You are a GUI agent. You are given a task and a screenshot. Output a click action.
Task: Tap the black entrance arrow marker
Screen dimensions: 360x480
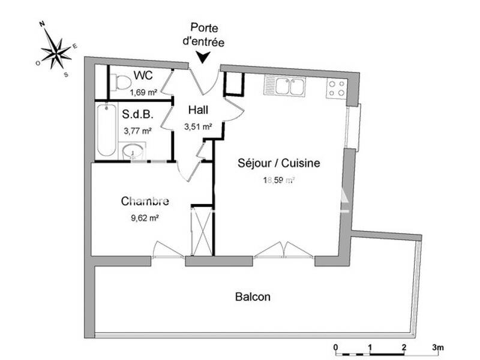(203, 57)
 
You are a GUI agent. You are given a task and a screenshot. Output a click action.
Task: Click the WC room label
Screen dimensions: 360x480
(143, 76)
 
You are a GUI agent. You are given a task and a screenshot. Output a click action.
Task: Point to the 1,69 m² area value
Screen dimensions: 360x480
(144, 92)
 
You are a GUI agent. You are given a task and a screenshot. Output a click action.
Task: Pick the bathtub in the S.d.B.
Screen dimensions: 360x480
(106, 128)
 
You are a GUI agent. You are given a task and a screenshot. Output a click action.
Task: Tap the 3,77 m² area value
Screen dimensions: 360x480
(137, 130)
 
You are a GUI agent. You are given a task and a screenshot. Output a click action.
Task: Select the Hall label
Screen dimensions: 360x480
(198, 110)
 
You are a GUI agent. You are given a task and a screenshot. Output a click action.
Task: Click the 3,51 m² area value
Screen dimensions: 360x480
(199, 127)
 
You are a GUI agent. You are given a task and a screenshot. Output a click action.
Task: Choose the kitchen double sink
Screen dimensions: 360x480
(284, 86)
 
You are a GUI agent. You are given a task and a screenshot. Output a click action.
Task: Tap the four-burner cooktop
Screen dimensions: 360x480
(336, 89)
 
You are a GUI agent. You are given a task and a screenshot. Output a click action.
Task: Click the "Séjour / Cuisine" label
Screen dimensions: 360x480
(279, 163)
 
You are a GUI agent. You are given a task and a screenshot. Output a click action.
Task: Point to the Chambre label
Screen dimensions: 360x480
(145, 201)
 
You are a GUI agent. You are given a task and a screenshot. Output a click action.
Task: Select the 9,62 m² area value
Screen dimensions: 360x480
(145, 218)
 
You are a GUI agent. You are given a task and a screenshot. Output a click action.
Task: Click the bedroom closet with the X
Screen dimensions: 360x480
(202, 231)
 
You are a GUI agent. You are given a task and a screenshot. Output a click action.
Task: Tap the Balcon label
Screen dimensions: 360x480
(253, 296)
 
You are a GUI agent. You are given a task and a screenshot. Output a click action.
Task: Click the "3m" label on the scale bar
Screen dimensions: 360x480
(437, 347)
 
